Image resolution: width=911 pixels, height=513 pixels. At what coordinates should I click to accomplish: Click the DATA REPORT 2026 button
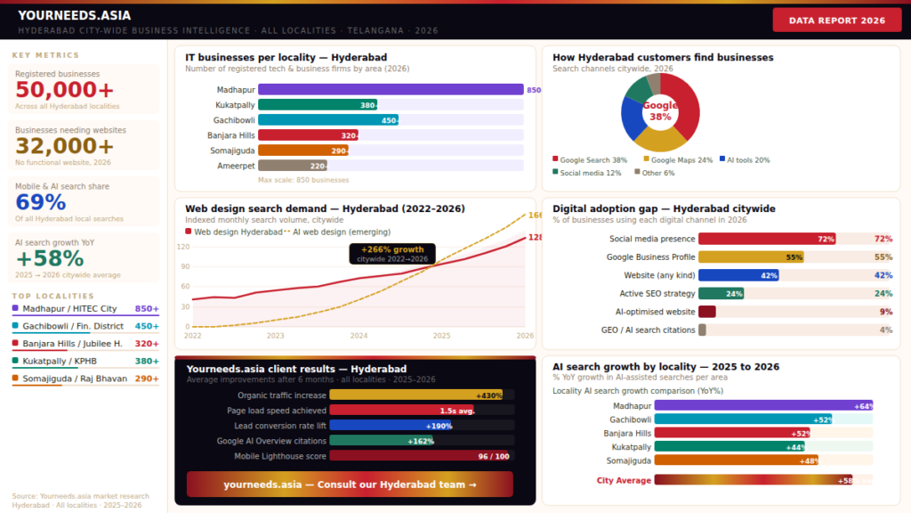(836, 20)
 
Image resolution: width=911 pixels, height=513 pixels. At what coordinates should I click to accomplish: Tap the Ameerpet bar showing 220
(293, 166)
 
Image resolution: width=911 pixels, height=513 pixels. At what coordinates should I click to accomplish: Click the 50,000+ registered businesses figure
(64, 90)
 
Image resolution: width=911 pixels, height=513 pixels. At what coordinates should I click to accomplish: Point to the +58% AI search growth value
(50, 258)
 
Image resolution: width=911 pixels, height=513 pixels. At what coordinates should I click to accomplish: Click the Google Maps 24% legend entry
(677, 160)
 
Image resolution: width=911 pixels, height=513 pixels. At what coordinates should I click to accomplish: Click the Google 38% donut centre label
(660, 111)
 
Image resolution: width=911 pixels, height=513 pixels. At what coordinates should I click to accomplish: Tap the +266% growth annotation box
(392, 254)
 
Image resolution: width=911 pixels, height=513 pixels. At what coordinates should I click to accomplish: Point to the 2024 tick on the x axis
(359, 336)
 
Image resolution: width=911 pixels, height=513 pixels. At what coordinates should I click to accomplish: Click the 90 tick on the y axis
(184, 266)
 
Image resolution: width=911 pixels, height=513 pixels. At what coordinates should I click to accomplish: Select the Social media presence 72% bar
(767, 239)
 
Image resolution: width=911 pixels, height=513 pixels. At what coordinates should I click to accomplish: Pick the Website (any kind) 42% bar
(738, 275)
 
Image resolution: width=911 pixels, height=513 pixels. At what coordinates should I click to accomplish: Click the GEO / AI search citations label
(648, 330)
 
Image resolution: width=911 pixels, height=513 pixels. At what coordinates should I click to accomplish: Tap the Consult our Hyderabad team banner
(350, 484)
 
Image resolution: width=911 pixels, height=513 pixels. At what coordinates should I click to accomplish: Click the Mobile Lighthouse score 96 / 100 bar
(421, 456)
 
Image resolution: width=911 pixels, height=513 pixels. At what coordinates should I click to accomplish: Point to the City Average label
(624, 480)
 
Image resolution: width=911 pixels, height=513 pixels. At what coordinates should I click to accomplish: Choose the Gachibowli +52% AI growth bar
(744, 419)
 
